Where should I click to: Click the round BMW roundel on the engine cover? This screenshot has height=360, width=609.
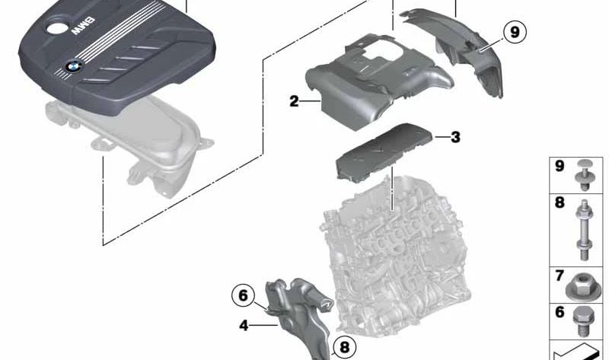point(72,66)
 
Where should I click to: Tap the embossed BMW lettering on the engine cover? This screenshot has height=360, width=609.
point(82,29)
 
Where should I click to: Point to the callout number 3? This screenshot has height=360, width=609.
point(455,138)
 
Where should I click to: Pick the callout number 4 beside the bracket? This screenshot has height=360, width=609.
point(244,325)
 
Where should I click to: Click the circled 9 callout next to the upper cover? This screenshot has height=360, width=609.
point(515,32)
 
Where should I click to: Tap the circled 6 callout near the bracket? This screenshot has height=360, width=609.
point(243,295)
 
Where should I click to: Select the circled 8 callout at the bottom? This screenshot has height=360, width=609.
point(343,348)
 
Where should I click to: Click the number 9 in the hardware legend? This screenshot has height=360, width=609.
point(560,166)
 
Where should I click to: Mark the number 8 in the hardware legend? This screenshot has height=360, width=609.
point(560,203)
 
